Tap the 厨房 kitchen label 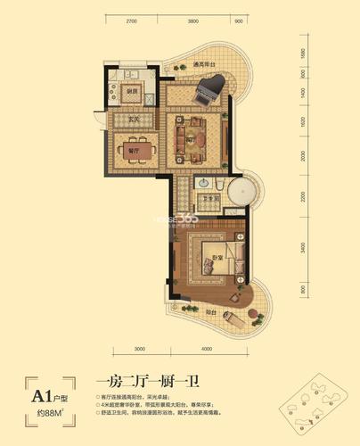coord(131,93)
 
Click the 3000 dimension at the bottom coord(141,347)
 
